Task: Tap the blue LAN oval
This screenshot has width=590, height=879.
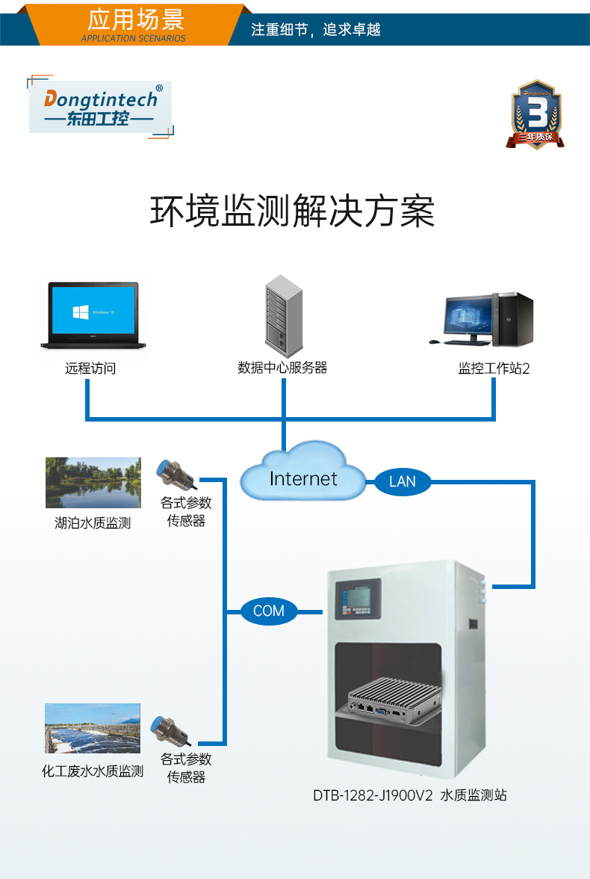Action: (402, 481)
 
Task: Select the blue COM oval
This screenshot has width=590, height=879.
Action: (269, 611)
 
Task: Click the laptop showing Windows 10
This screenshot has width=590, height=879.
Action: (93, 315)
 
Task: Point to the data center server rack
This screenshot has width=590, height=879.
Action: (284, 314)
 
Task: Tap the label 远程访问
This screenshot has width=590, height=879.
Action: (90, 368)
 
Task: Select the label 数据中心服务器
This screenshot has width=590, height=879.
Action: (282, 368)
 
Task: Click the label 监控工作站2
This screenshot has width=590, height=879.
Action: (494, 368)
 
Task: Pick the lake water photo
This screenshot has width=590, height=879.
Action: (93, 483)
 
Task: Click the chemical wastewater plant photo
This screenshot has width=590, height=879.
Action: (92, 728)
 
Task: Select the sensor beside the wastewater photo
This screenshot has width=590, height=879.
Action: (169, 730)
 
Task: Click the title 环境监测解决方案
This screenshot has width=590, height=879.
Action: (293, 212)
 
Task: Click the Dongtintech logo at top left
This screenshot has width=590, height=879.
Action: (101, 108)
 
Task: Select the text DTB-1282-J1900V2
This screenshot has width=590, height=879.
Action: (373, 795)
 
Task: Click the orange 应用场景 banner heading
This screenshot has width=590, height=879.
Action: (135, 22)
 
